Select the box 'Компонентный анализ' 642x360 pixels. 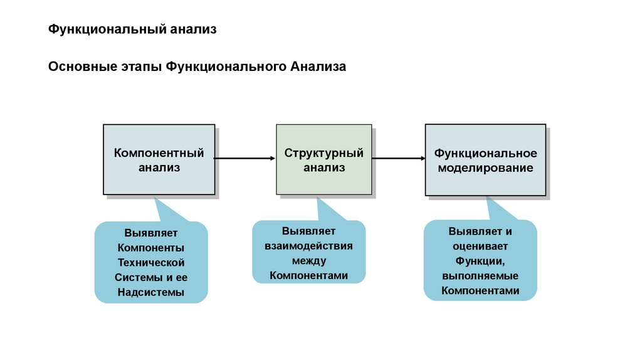(x=159, y=159)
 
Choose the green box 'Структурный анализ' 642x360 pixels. (x=324, y=159)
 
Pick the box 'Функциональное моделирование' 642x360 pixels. (x=485, y=160)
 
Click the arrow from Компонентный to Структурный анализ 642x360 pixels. (x=245, y=159)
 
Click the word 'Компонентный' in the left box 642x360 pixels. (x=159, y=152)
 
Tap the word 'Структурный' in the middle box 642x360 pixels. (x=324, y=152)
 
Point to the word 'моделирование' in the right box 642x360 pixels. (x=486, y=168)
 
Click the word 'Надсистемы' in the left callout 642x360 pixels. (x=150, y=292)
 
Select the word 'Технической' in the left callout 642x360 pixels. (x=150, y=262)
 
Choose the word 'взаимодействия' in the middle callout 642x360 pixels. (x=308, y=245)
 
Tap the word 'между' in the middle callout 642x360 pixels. (x=308, y=260)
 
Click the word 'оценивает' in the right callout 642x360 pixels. (x=480, y=245)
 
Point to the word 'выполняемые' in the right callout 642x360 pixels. (x=480, y=275)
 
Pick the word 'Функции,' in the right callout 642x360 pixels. (x=480, y=260)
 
